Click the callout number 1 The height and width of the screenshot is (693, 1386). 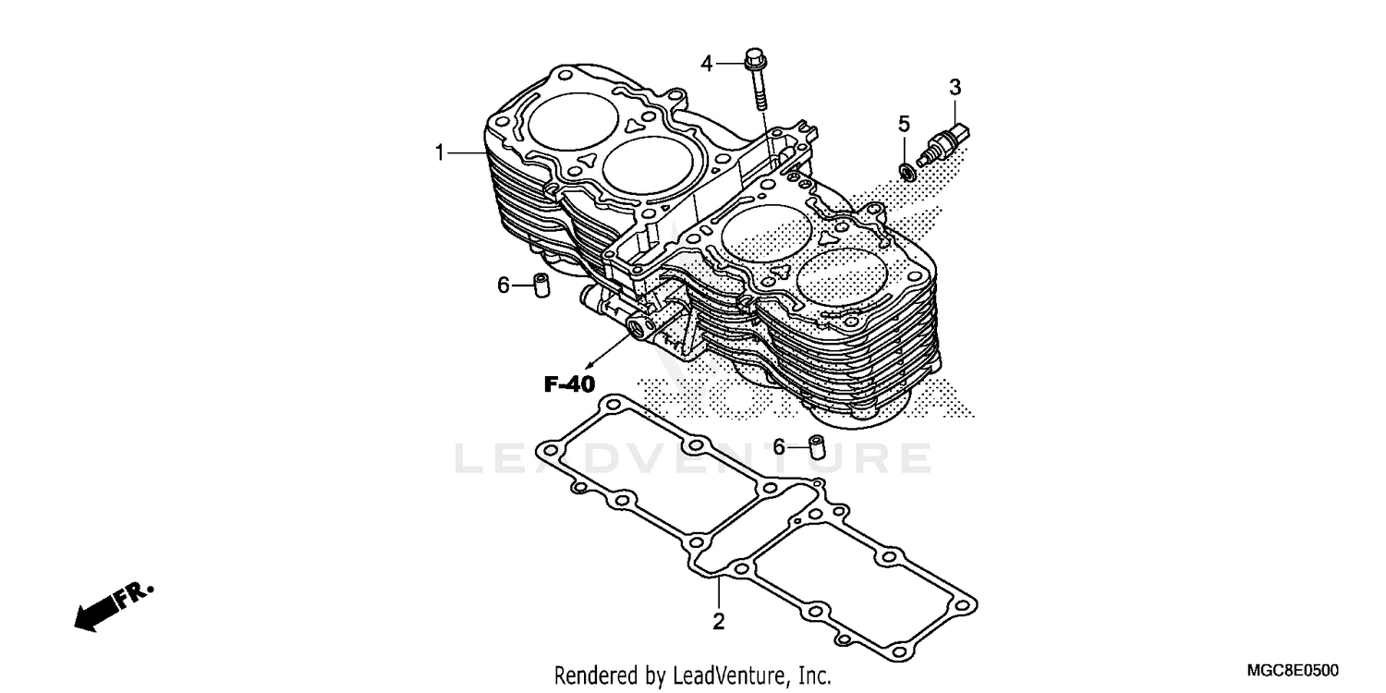point(441,152)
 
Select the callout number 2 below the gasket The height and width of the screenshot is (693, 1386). point(718,621)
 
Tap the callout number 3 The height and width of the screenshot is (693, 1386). point(954,88)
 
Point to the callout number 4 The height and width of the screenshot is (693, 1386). point(707,64)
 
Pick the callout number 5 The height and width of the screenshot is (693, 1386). point(904,123)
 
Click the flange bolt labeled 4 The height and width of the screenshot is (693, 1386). point(758,83)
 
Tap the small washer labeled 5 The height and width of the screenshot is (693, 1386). point(907,170)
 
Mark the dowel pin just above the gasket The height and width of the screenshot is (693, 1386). point(816,446)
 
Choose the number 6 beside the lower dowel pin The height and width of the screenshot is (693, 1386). point(779,447)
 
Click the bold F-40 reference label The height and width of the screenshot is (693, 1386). point(568,384)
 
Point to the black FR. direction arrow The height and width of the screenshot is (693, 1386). point(111,606)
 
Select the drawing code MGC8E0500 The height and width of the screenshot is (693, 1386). point(1293,670)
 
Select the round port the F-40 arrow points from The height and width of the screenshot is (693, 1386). point(637,326)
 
